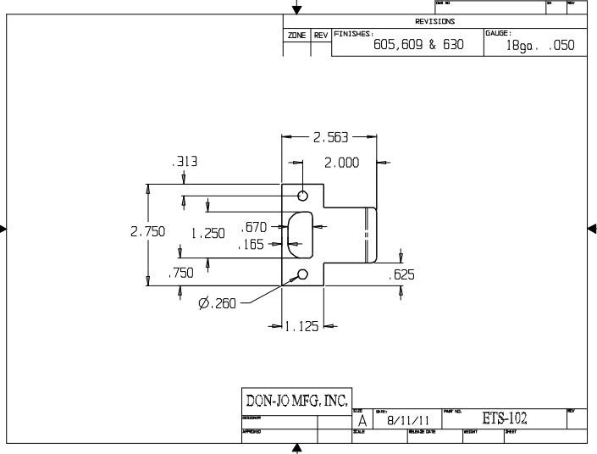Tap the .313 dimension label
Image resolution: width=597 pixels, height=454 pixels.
[185, 161]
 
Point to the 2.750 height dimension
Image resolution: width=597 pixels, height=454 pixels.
[147, 230]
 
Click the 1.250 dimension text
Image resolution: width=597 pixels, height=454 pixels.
[207, 231]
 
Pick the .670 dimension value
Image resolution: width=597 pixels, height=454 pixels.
[254, 227]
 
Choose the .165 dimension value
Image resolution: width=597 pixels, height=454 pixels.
[253, 245]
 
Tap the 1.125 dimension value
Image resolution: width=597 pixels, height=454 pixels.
[302, 326]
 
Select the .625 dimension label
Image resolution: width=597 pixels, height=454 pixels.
[401, 274]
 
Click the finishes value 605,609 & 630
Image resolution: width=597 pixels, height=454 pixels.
[418, 45]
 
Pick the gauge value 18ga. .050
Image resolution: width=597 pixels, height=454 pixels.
[539, 46]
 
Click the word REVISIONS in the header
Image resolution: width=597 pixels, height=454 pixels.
[434, 21]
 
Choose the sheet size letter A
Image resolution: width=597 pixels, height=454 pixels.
[362, 421]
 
